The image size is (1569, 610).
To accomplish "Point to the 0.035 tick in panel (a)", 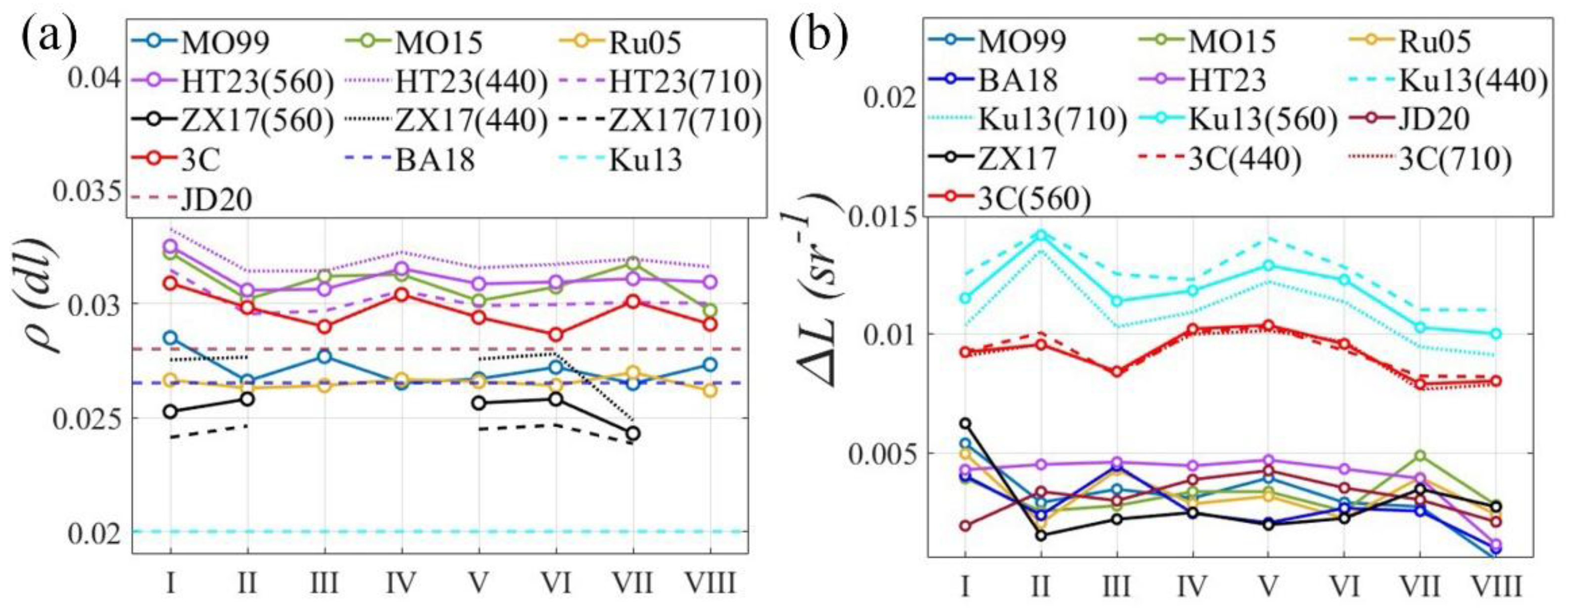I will click(85, 191).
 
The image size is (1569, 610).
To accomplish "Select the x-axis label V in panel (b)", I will click(1268, 586).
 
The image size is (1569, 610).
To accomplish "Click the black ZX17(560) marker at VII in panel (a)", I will click(633, 434).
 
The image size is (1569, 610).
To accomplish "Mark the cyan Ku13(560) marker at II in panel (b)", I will click(1041, 235).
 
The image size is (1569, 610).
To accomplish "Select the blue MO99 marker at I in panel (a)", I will click(171, 338).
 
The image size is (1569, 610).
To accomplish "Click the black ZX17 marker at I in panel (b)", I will click(965, 423).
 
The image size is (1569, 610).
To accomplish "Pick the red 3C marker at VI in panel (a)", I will click(556, 335).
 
